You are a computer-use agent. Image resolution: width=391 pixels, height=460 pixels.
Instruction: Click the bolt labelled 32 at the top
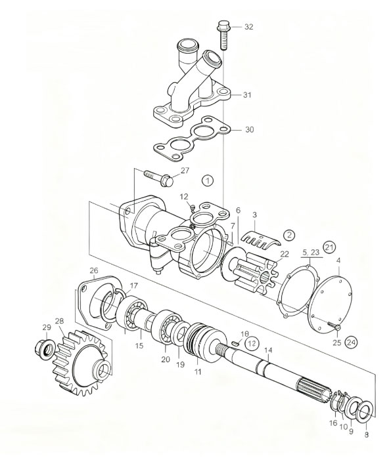(x=224, y=34)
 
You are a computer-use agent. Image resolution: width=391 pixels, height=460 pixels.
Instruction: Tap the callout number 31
(x=247, y=94)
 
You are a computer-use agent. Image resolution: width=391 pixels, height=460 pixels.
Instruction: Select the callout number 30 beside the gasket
(x=250, y=129)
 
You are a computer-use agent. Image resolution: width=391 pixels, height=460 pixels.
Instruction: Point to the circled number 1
(x=208, y=180)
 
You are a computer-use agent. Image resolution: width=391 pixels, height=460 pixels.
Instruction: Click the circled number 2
(x=289, y=235)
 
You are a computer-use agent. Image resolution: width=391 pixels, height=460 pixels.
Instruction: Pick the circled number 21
(x=329, y=247)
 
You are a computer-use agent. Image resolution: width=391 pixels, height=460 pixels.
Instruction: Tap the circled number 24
(x=352, y=342)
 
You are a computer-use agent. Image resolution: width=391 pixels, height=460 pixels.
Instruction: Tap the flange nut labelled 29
(x=44, y=348)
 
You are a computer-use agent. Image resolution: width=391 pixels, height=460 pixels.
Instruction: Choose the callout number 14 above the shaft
(x=268, y=350)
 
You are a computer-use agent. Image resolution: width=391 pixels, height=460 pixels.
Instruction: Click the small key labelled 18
(x=235, y=343)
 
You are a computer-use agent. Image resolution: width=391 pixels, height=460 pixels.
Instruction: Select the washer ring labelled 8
(x=366, y=412)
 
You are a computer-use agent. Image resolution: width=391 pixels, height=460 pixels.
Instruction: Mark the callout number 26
(x=94, y=270)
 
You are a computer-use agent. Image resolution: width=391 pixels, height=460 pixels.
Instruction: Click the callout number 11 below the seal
(x=198, y=371)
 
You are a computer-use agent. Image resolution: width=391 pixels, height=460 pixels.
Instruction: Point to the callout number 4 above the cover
(x=338, y=261)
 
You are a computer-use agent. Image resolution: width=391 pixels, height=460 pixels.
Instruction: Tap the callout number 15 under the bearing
(x=139, y=346)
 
